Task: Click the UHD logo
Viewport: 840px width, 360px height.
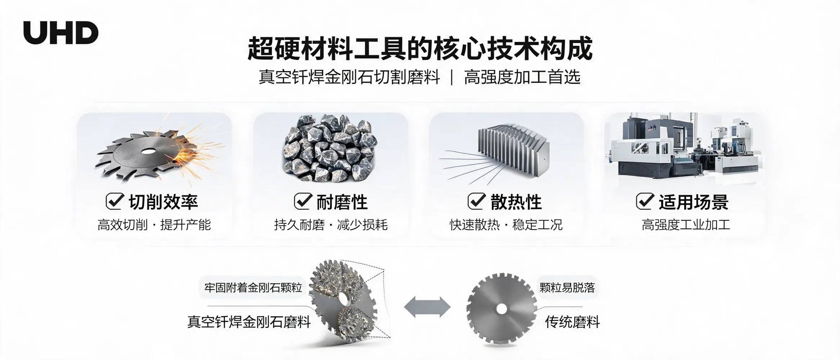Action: tap(60, 32)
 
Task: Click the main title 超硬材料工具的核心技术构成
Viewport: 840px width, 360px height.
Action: tap(420, 49)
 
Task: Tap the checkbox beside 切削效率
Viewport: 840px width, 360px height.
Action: tap(115, 201)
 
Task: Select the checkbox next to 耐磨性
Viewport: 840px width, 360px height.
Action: tap(303, 201)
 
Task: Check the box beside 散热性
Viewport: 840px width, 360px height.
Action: tap(476, 201)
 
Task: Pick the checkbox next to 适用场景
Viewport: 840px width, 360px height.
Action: tap(645, 201)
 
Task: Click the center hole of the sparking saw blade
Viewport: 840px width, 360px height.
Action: tap(147, 152)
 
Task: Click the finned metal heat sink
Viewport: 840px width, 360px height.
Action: tap(514, 149)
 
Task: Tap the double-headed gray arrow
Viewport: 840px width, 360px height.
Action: tap(427, 307)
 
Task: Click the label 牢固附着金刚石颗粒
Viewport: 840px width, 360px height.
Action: tap(253, 288)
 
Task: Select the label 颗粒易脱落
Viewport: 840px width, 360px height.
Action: tap(567, 288)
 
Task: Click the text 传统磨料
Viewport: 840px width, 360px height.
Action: tap(572, 322)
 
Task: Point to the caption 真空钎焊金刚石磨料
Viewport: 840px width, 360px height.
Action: tap(249, 322)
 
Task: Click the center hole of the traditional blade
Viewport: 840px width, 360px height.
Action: tap(502, 309)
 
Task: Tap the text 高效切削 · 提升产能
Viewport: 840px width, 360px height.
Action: tap(154, 225)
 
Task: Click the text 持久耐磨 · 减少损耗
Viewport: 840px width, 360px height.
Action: tap(331, 225)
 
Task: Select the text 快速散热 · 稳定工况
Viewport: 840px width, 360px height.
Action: tap(506, 225)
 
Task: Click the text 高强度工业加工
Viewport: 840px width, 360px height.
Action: tap(686, 225)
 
